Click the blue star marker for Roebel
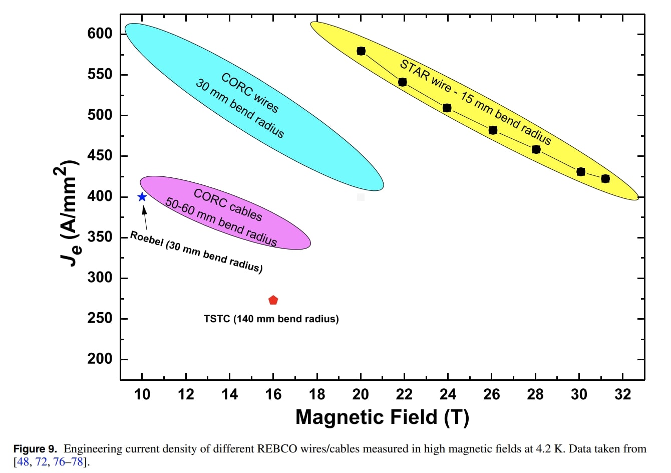point(142,197)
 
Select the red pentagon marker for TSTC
point(273,300)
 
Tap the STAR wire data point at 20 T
point(361,51)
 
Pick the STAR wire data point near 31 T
point(605,179)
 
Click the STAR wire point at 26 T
point(493,130)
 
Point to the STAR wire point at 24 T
point(447,108)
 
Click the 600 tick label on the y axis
point(100,34)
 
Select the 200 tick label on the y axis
point(100,359)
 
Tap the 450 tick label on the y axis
point(100,156)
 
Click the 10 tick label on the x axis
point(142,395)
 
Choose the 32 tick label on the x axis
point(623,395)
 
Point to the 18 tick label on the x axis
point(317,395)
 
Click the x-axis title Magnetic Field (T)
point(382,417)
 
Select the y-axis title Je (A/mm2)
point(67,213)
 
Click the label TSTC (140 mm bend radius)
point(271,319)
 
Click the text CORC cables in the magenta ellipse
point(228,205)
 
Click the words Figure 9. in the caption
point(35,449)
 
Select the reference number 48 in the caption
point(23,461)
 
